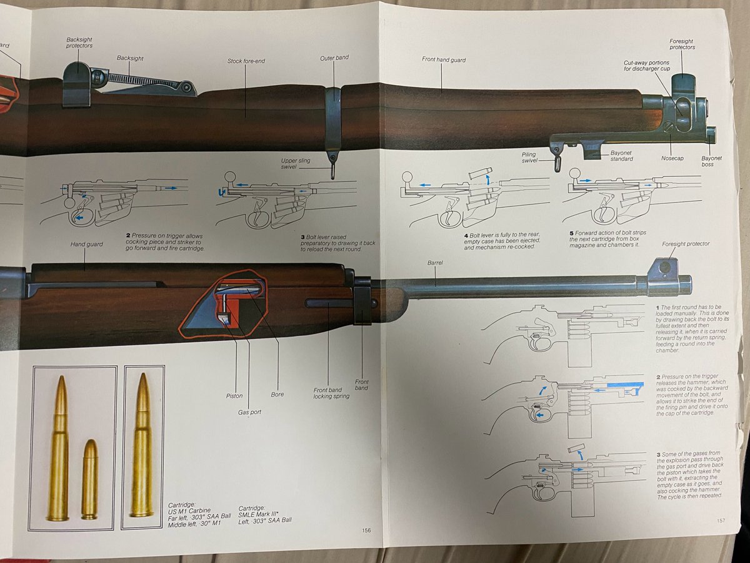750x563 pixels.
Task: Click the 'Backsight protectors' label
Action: pos(79,43)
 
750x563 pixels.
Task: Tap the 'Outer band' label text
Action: pos(334,58)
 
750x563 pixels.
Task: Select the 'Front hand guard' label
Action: pos(444,60)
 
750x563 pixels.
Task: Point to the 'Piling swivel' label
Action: pos(528,157)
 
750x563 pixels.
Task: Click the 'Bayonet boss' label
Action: pos(711,161)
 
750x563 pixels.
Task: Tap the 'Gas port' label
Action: pos(248,412)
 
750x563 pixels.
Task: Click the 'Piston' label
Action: pos(234,395)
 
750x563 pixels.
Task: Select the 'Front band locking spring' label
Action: pos(331,393)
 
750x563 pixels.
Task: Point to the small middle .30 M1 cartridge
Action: pos(90,479)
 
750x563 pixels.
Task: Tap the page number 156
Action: pos(367,530)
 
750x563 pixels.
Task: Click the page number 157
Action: pos(721,520)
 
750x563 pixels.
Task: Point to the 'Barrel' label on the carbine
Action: pos(435,263)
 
